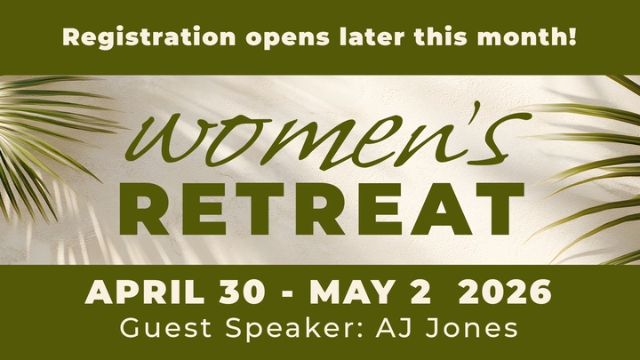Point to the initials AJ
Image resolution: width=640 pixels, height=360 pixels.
[409, 329]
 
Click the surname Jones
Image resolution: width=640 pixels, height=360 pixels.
[480, 329]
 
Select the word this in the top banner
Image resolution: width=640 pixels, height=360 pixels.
[428, 38]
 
